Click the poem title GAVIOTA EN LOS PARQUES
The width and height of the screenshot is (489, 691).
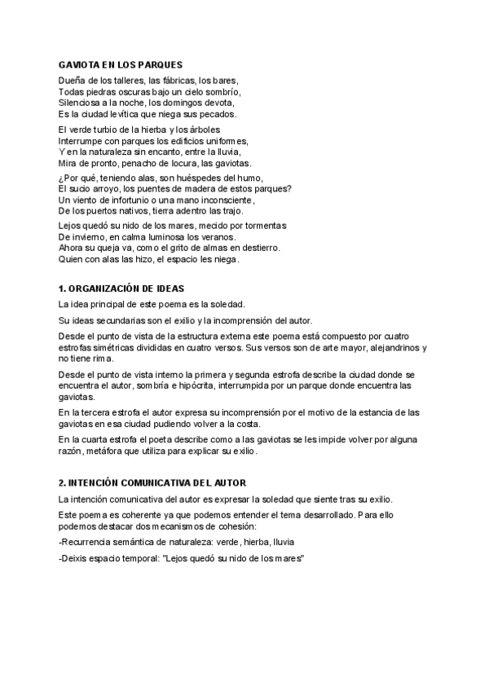[121, 64]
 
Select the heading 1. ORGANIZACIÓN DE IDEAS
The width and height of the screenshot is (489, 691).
[122, 288]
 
